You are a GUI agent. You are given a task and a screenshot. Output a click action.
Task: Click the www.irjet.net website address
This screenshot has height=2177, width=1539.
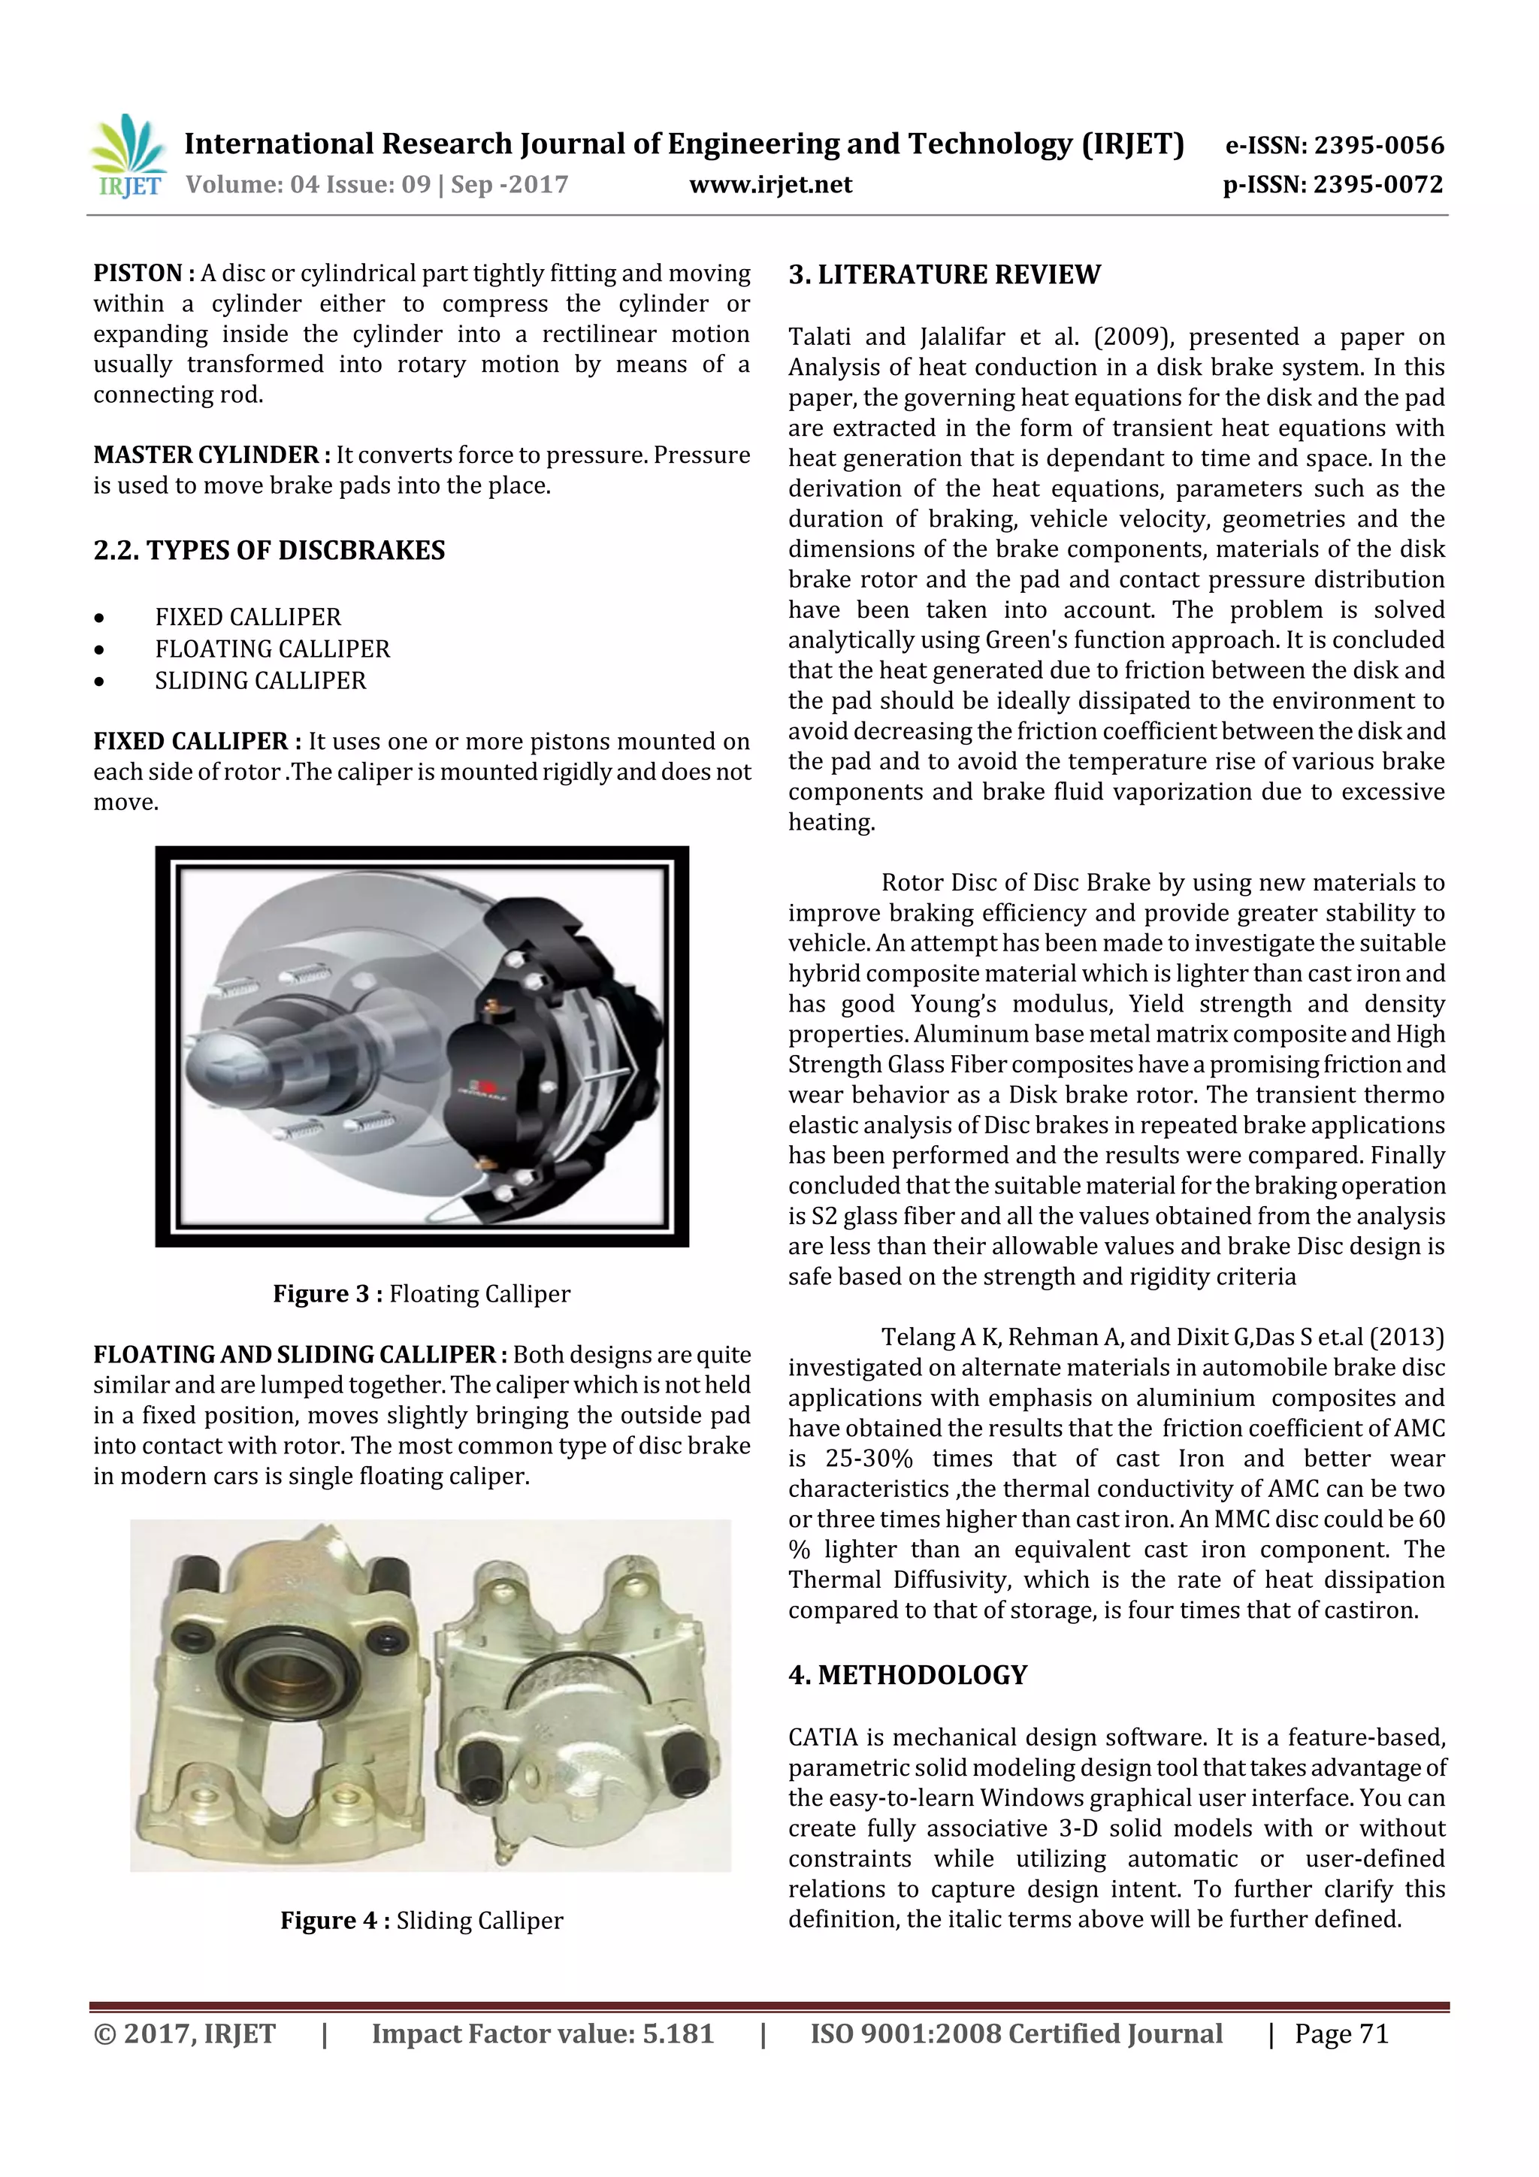[x=770, y=185]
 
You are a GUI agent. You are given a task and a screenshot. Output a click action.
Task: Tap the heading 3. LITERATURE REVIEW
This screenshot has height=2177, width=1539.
[x=944, y=275]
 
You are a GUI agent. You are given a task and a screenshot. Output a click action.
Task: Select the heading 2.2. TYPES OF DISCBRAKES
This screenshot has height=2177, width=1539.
[x=269, y=551]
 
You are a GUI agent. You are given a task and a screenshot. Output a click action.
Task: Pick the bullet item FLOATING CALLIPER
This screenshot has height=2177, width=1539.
[x=272, y=649]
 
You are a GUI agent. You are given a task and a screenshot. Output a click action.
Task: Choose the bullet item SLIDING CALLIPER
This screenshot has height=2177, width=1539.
[x=260, y=681]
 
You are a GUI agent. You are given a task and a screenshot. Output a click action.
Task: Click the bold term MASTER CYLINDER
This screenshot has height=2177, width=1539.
[x=206, y=455]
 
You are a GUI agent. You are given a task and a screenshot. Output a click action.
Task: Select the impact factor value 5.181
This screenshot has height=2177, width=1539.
[x=677, y=2033]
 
